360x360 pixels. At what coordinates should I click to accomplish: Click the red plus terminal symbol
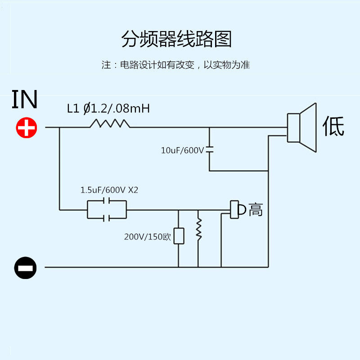[x=27, y=128]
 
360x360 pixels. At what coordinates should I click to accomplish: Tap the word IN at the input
[x=24, y=100]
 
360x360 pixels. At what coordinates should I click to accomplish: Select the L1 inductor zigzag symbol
[x=110, y=123]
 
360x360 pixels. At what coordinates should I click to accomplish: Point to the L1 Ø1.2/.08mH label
[x=108, y=108]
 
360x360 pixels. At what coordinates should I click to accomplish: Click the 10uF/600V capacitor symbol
[x=209, y=149]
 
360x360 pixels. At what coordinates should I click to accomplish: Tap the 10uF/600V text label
[x=183, y=150]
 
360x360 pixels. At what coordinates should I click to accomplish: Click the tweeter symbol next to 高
[x=238, y=210]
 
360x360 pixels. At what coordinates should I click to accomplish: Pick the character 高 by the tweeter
[x=256, y=210]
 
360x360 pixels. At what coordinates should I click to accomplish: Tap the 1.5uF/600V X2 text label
[x=109, y=190]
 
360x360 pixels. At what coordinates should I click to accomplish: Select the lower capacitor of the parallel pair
[x=107, y=218]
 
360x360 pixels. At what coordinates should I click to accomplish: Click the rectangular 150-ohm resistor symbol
[x=179, y=236]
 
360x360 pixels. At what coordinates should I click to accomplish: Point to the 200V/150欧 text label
[x=148, y=237]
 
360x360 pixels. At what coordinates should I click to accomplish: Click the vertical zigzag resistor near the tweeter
[x=198, y=229]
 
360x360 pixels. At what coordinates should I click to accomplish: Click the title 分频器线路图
[x=176, y=39]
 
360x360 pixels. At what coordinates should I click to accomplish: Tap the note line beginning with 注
[x=175, y=65]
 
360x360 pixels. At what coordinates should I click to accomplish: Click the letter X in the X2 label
[x=130, y=190]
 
